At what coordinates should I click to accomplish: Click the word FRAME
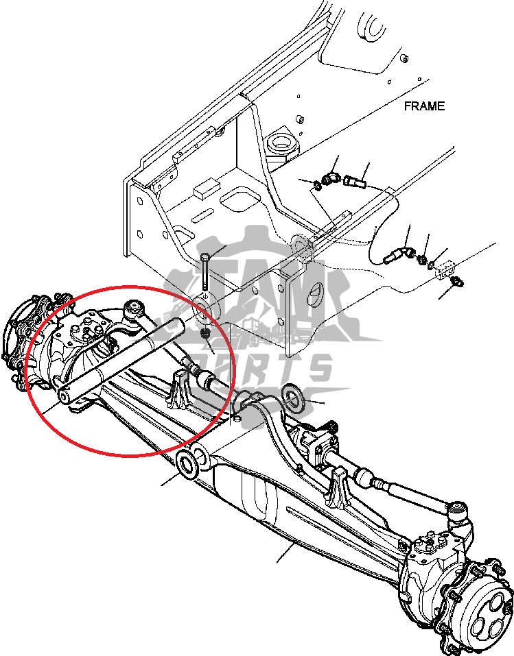(x=424, y=106)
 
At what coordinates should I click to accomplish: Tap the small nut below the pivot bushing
(x=205, y=334)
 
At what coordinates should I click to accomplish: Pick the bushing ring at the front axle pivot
(x=188, y=464)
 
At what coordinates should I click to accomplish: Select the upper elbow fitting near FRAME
(x=330, y=179)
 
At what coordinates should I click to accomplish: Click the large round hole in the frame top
(x=281, y=144)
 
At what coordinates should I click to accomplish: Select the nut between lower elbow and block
(x=423, y=259)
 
